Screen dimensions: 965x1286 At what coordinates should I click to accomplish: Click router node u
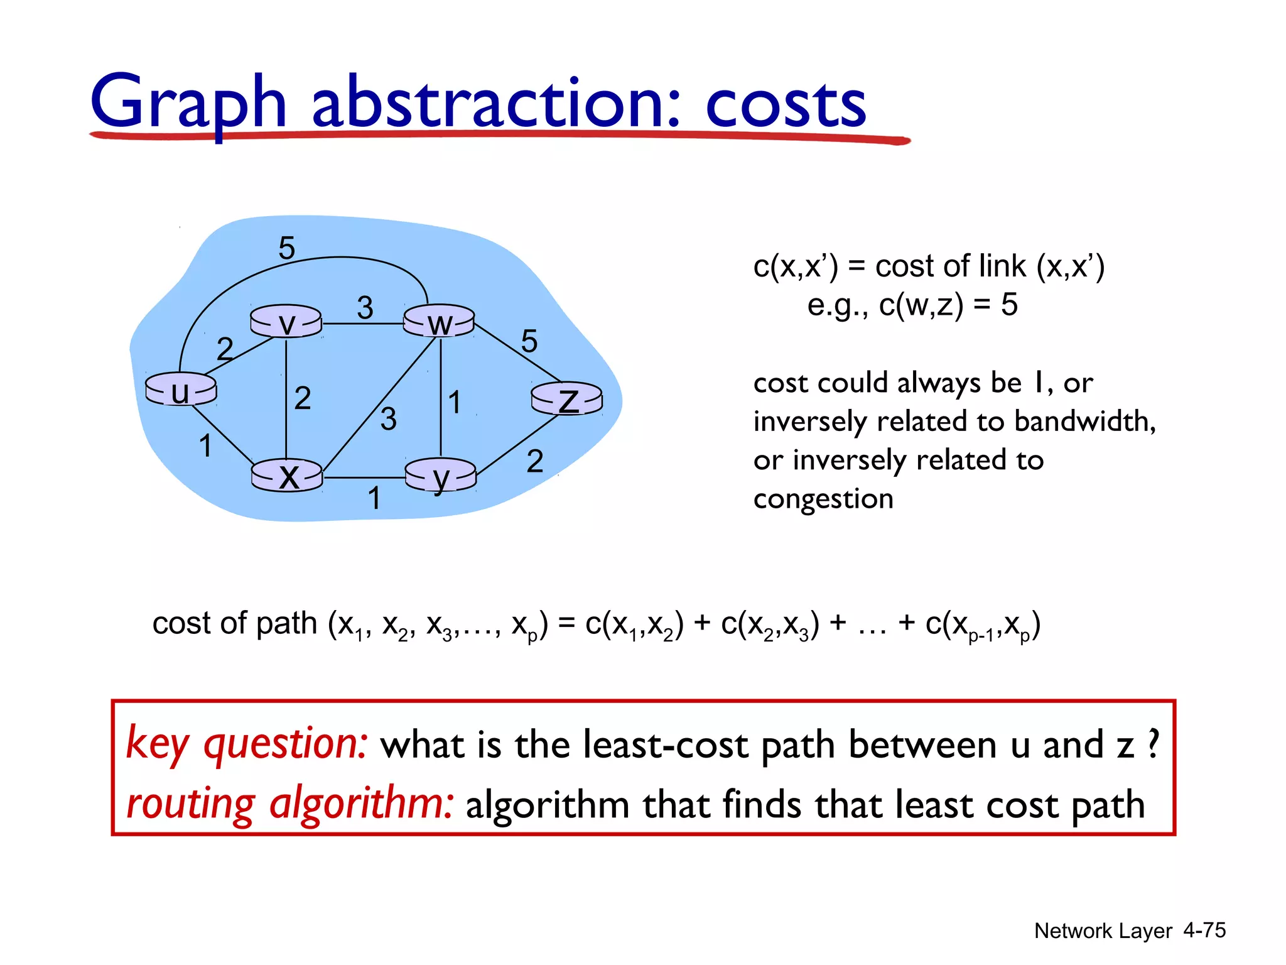tap(181, 390)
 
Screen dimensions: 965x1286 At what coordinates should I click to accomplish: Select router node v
tap(286, 322)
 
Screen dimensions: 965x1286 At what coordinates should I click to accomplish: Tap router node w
tap(439, 322)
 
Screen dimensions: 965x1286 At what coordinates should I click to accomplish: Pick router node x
tap(287, 476)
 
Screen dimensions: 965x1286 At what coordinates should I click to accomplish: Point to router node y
tap(441, 476)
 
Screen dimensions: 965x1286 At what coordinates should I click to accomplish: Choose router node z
tap(567, 399)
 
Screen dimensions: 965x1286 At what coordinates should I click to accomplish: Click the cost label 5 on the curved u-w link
tap(286, 248)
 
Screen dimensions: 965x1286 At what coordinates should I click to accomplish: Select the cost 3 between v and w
tap(365, 308)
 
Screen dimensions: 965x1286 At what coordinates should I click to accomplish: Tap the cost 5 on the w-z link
tap(529, 341)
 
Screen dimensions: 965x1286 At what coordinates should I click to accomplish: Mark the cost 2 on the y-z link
tap(534, 461)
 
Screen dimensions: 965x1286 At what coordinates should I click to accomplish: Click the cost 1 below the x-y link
tap(374, 499)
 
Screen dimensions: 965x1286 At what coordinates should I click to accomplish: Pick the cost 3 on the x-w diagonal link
tap(389, 419)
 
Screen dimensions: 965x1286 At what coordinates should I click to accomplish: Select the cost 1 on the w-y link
tap(455, 403)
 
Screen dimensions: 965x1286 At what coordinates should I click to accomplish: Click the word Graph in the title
tap(188, 102)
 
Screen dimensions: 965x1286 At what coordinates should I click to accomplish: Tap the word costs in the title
tap(786, 104)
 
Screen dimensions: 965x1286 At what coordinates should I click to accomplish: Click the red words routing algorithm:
tap(289, 804)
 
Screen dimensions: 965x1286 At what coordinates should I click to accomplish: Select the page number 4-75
tap(1204, 930)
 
